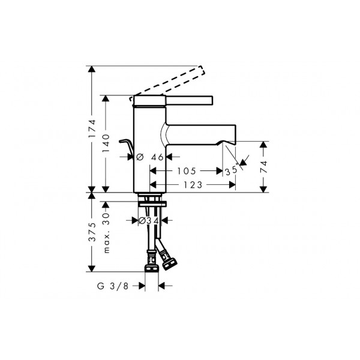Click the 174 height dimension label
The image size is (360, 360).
click(x=92, y=128)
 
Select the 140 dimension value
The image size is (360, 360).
click(x=106, y=143)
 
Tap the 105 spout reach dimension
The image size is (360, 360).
click(x=187, y=171)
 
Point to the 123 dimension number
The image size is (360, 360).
click(x=193, y=185)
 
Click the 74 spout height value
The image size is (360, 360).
click(x=264, y=167)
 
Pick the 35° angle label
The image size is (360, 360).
click(x=231, y=171)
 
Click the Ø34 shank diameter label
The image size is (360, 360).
click(x=149, y=221)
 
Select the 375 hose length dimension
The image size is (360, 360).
click(x=92, y=232)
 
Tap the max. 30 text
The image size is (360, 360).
click(x=106, y=233)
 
